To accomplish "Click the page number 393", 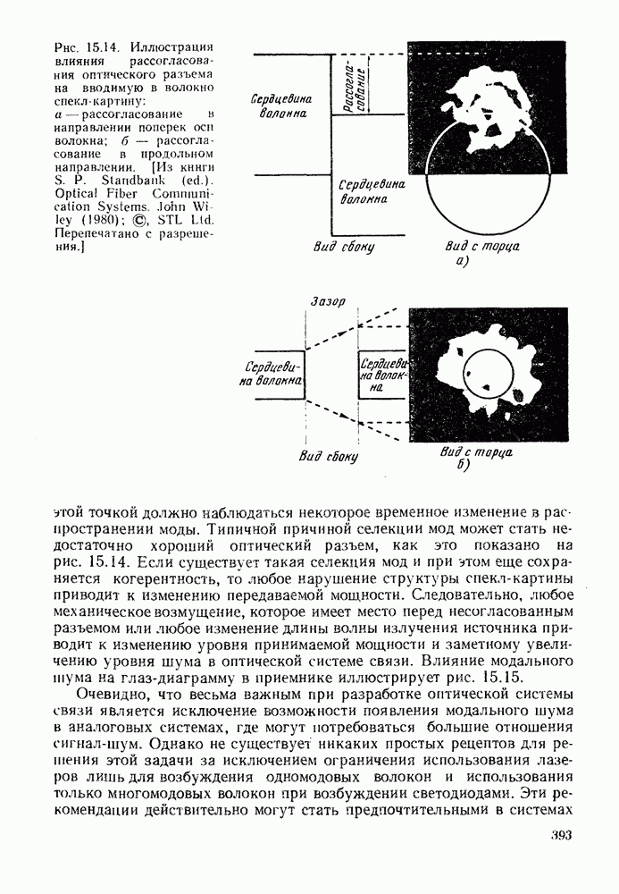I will (555, 837).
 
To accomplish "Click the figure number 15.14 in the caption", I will (98, 46).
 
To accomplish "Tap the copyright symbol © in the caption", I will (139, 220).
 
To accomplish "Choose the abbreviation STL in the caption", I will (169, 220).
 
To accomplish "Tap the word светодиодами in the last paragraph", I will (495, 792).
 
